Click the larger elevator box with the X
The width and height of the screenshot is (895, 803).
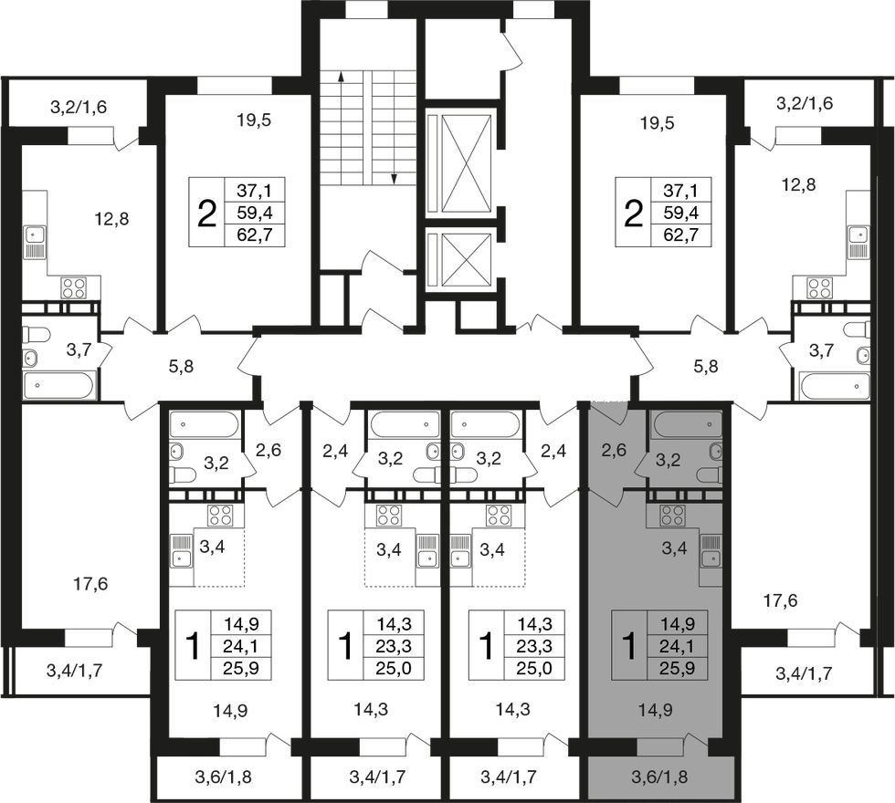[467, 163]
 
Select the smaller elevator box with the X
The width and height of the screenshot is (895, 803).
[467, 259]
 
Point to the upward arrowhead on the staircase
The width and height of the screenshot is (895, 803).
[341, 76]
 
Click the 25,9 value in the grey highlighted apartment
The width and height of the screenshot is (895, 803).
[677, 668]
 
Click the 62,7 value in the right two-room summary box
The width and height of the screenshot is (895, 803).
[681, 235]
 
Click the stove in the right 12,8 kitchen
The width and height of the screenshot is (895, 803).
[820, 287]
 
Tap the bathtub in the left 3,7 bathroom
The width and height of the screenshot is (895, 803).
[58, 385]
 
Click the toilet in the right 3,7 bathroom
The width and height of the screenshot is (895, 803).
[858, 330]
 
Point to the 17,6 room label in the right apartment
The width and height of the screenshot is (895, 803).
[780, 600]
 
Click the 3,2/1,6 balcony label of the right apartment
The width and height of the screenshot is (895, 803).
[805, 104]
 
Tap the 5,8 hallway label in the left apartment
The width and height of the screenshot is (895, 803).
[181, 366]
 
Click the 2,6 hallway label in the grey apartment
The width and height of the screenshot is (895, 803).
[614, 451]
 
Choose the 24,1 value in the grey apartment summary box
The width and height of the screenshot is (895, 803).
[677, 646]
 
